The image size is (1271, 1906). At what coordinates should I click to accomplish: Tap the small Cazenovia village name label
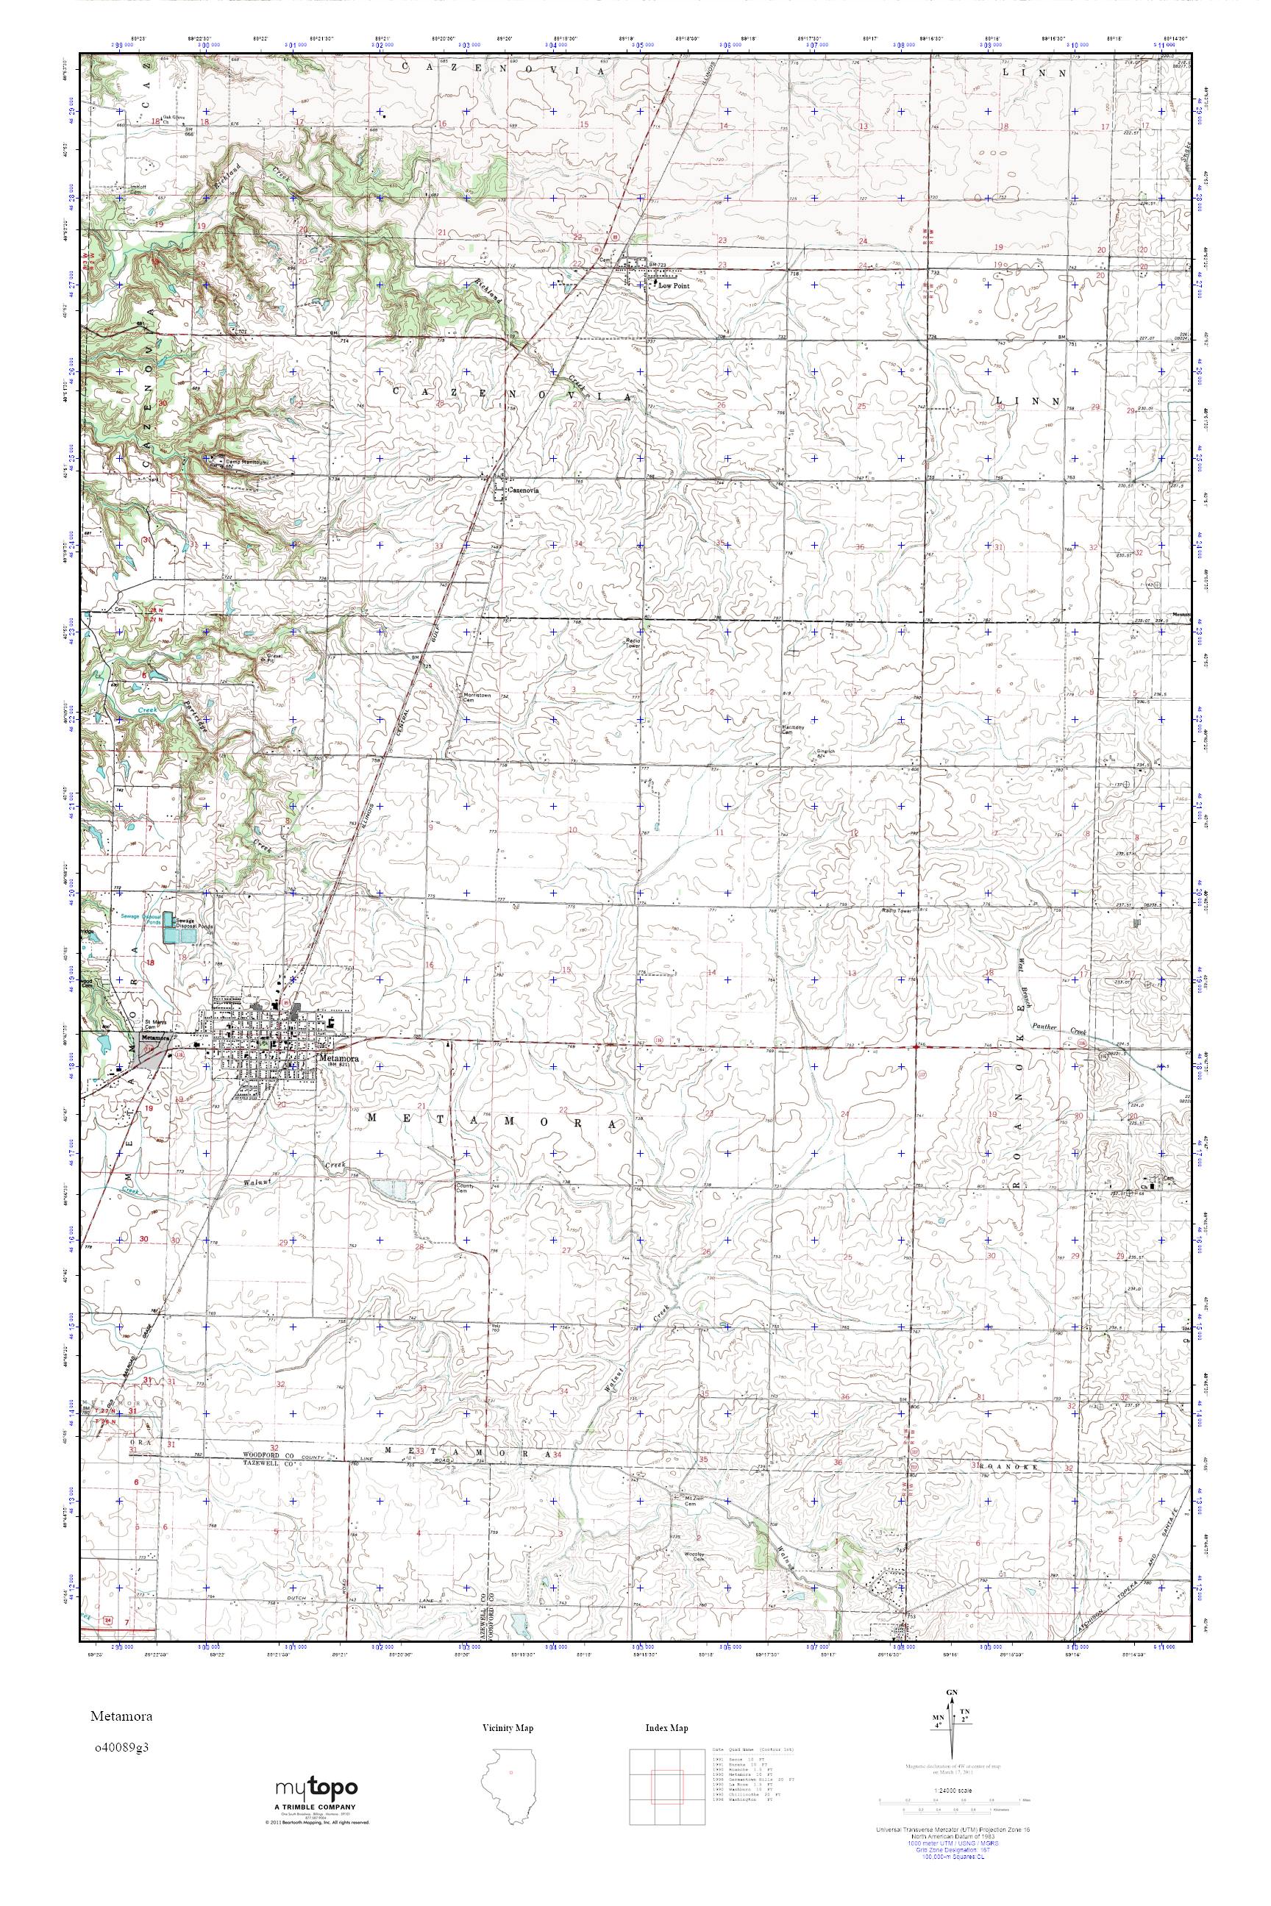pos(524,490)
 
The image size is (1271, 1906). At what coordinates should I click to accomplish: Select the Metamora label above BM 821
pos(335,1057)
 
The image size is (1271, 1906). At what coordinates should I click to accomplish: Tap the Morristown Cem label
pos(478,699)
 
